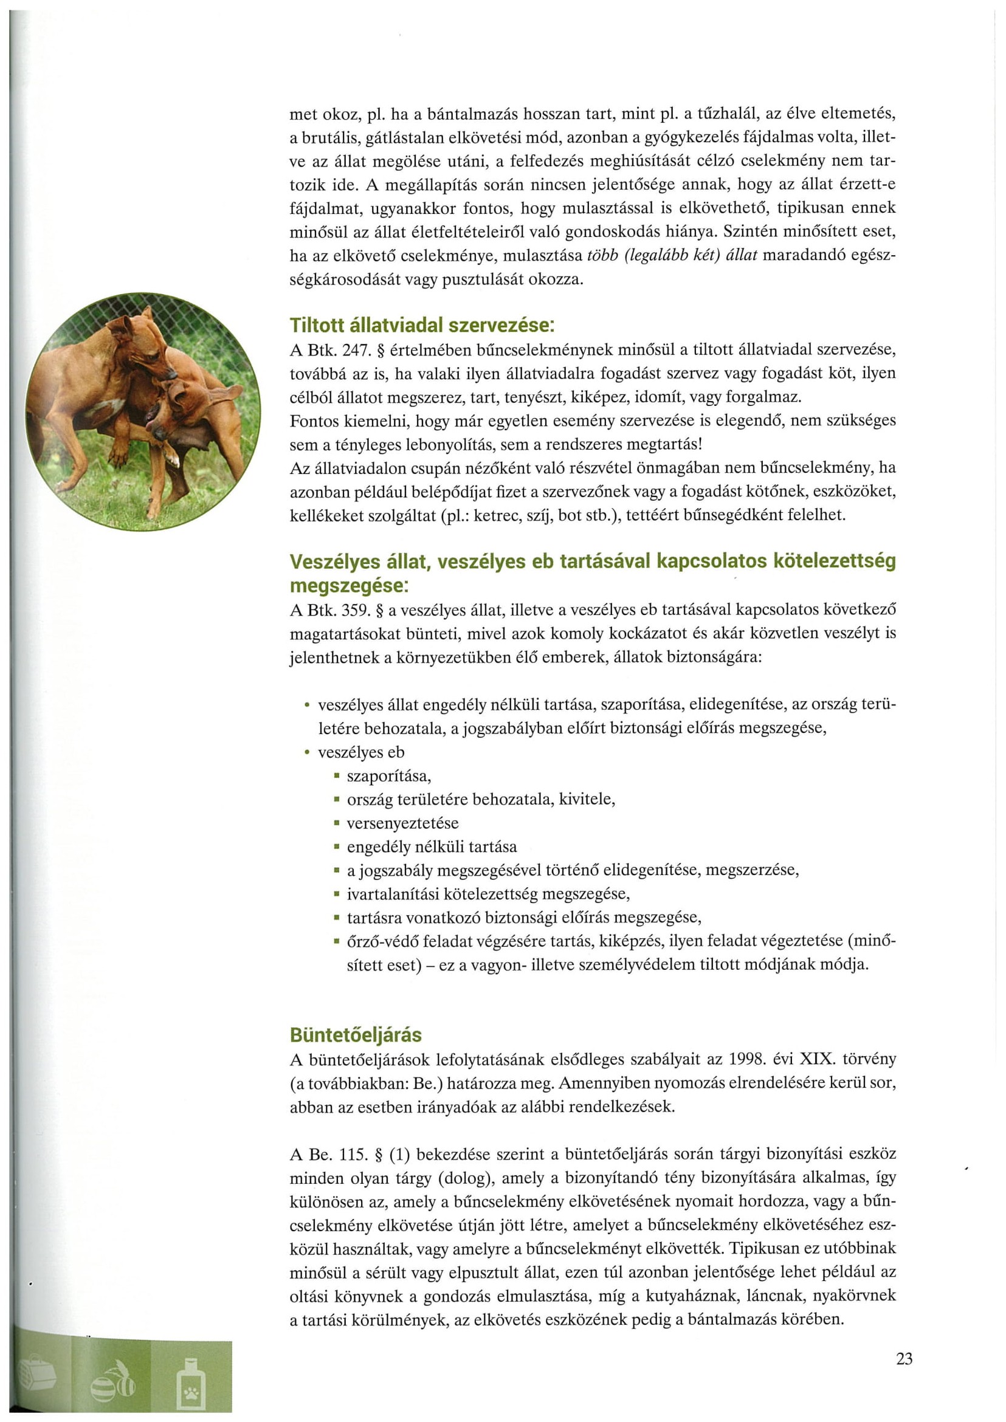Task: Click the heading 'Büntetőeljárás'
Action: [356, 1035]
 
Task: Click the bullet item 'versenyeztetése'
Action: [402, 823]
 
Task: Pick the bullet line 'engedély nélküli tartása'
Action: [432, 847]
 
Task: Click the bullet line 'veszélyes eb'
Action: [361, 752]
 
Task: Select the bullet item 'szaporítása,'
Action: [389, 776]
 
